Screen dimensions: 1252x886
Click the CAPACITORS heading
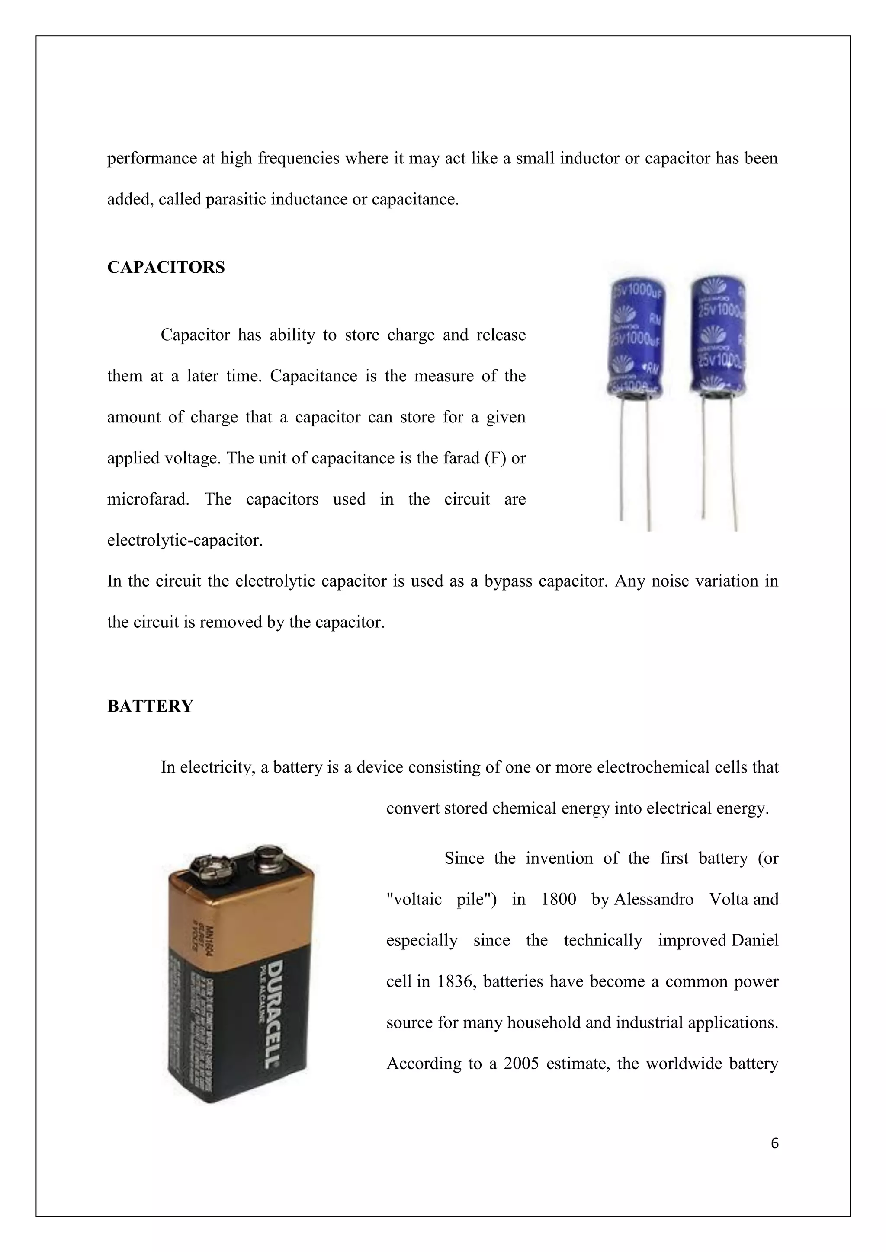click(x=166, y=268)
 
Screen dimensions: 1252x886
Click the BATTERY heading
click(x=150, y=706)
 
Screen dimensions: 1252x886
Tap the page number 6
click(x=775, y=1143)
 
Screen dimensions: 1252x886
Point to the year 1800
click(x=558, y=899)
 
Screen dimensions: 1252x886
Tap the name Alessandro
click(x=654, y=899)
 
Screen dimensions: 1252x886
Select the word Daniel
click(x=754, y=941)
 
